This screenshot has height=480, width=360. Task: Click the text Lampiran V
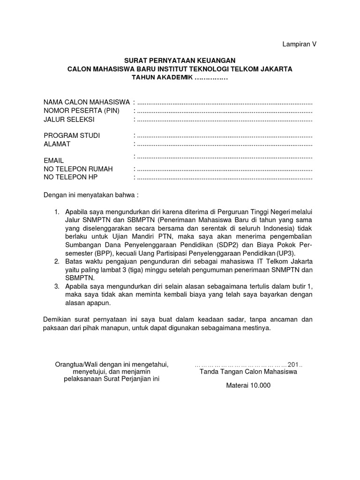[x=299, y=44]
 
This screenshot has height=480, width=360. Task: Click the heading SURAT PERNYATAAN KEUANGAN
[x=180, y=60]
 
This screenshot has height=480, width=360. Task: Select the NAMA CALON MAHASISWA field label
[x=87, y=102]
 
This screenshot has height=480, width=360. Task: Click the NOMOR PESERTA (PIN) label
[x=82, y=111]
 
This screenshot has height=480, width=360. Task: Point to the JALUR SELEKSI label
[x=69, y=120]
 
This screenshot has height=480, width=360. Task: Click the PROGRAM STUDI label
[x=72, y=135]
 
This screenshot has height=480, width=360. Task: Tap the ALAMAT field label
[x=57, y=144]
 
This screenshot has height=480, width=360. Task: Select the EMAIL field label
[x=53, y=160]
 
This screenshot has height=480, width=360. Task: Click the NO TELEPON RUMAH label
[x=78, y=169]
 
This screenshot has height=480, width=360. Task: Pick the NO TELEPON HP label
[x=71, y=177]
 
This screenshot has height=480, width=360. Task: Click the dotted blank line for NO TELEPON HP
[x=224, y=178]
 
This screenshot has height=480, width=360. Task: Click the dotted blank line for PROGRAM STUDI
[x=224, y=136]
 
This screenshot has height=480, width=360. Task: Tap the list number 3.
[x=57, y=286]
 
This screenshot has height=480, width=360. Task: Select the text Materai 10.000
[x=248, y=386]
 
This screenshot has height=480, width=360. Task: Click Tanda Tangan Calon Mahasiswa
[x=248, y=372]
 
